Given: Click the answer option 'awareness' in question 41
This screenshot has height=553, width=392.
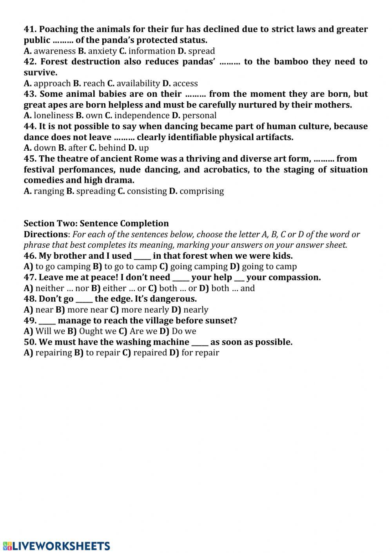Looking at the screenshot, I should (54, 51).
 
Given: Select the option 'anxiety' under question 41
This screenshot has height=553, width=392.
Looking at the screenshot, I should (102, 51).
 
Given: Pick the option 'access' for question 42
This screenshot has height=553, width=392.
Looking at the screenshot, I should (185, 83).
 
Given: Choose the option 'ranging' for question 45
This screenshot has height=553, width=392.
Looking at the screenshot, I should (49, 191).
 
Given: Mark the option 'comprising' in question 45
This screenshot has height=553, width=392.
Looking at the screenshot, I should (201, 191).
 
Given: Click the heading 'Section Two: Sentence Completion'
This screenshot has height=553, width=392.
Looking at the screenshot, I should (96, 223).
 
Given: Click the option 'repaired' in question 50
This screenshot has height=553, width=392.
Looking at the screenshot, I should (150, 353).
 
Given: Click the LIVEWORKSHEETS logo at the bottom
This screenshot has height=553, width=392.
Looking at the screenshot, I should (56, 546).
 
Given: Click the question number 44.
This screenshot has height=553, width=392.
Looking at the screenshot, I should (30, 126).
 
